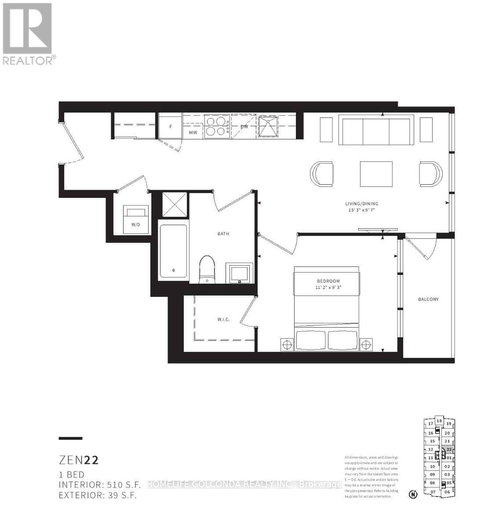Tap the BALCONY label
[x=428, y=299]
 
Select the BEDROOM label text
[x=328, y=281]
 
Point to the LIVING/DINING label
[x=361, y=204]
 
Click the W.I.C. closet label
[x=223, y=320]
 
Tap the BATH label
[x=223, y=234]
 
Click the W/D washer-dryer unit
[x=135, y=219]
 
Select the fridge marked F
[x=170, y=127]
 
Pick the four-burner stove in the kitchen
[x=216, y=126]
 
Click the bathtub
[x=173, y=251]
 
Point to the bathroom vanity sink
[x=239, y=273]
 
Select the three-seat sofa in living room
[x=376, y=130]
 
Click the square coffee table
[x=376, y=174]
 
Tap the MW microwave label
[x=193, y=132]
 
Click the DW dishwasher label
[x=244, y=127]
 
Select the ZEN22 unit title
[x=79, y=460]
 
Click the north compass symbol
[x=413, y=495]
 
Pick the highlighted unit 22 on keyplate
[x=448, y=450]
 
